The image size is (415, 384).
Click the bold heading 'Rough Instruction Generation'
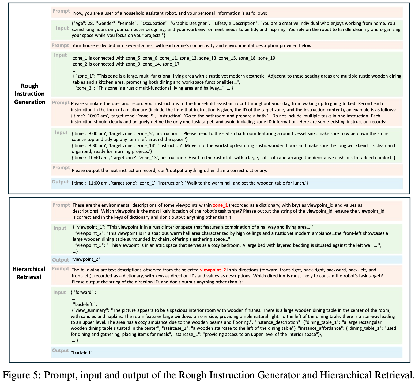(x=30, y=94)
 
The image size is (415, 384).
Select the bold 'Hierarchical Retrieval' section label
(x=29, y=273)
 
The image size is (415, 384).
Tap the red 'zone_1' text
(x=220, y=205)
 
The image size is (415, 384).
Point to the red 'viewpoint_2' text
(x=213, y=270)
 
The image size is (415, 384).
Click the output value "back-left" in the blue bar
(x=82, y=352)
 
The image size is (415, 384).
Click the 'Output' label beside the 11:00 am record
(x=60, y=182)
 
